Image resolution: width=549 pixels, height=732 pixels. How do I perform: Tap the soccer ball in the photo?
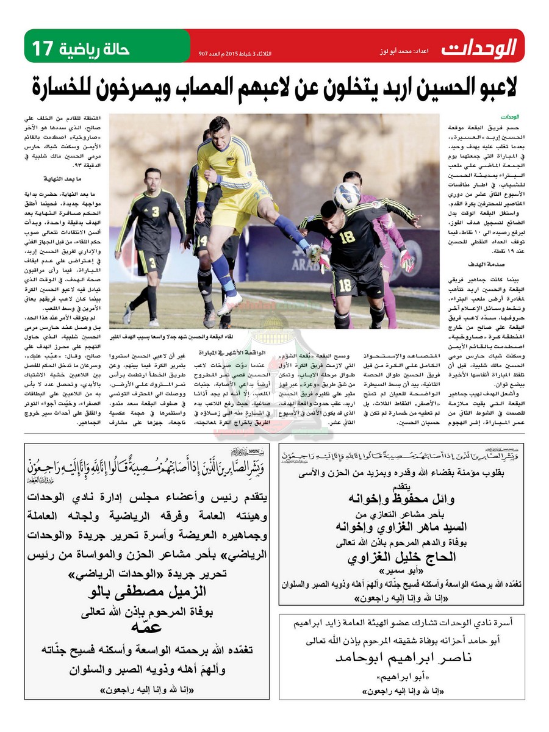346,195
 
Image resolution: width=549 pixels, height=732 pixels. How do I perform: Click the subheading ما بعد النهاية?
60,179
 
